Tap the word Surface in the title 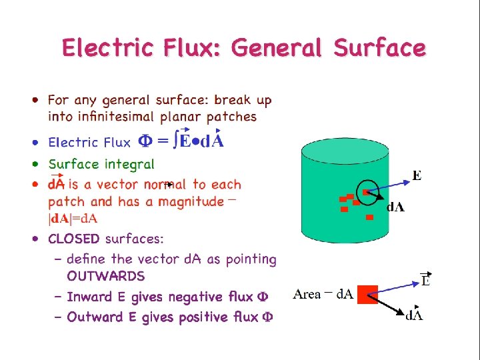(x=379, y=48)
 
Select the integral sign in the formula (x=175, y=141)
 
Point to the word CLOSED (x=74, y=239)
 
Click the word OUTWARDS (x=105, y=276)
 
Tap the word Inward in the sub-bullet (x=89, y=297)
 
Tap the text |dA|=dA (x=72, y=218)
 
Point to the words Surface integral (x=101, y=164)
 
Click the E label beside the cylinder (x=417, y=176)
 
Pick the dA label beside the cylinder (x=395, y=207)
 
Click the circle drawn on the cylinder (x=365, y=191)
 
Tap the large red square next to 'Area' (x=367, y=294)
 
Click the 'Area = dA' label (x=323, y=294)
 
